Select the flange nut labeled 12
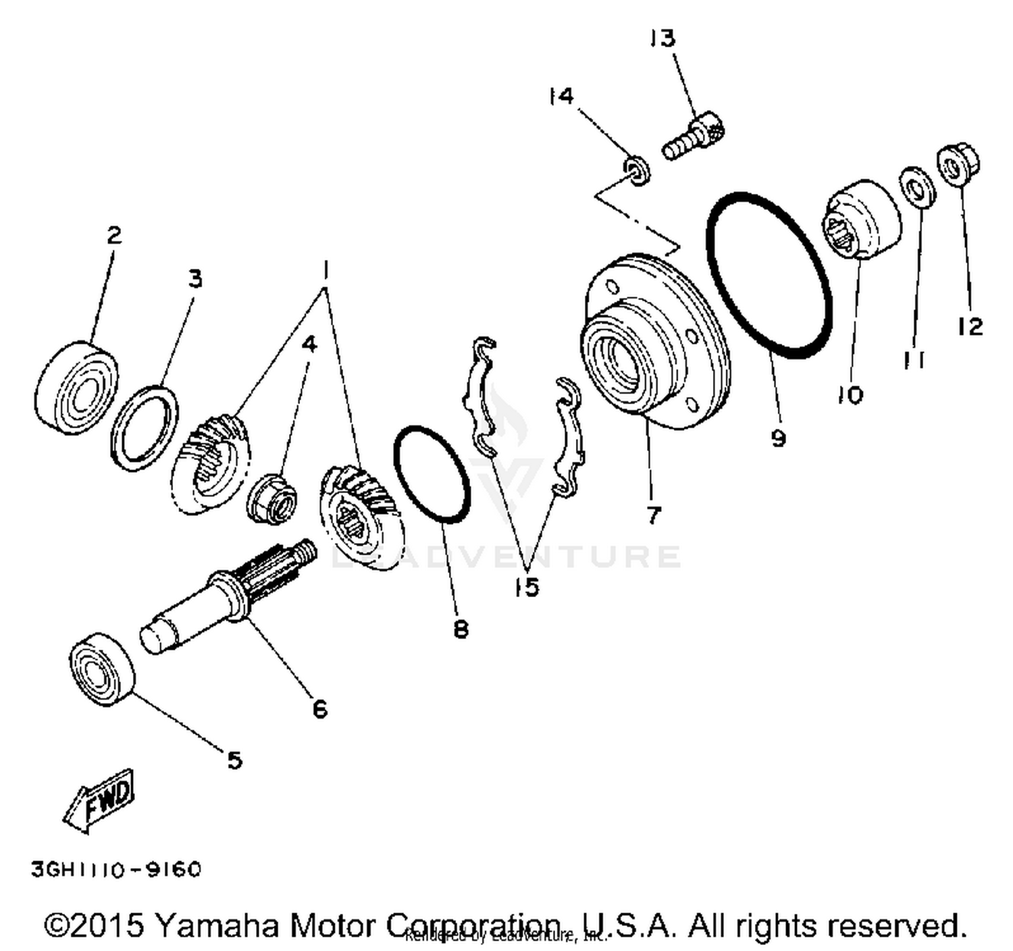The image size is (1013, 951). pos(958,163)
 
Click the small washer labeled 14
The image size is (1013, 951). pos(635,168)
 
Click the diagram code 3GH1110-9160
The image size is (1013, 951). pos(116,869)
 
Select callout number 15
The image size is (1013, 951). pos(526,587)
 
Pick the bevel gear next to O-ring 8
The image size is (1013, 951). pos(358,513)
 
